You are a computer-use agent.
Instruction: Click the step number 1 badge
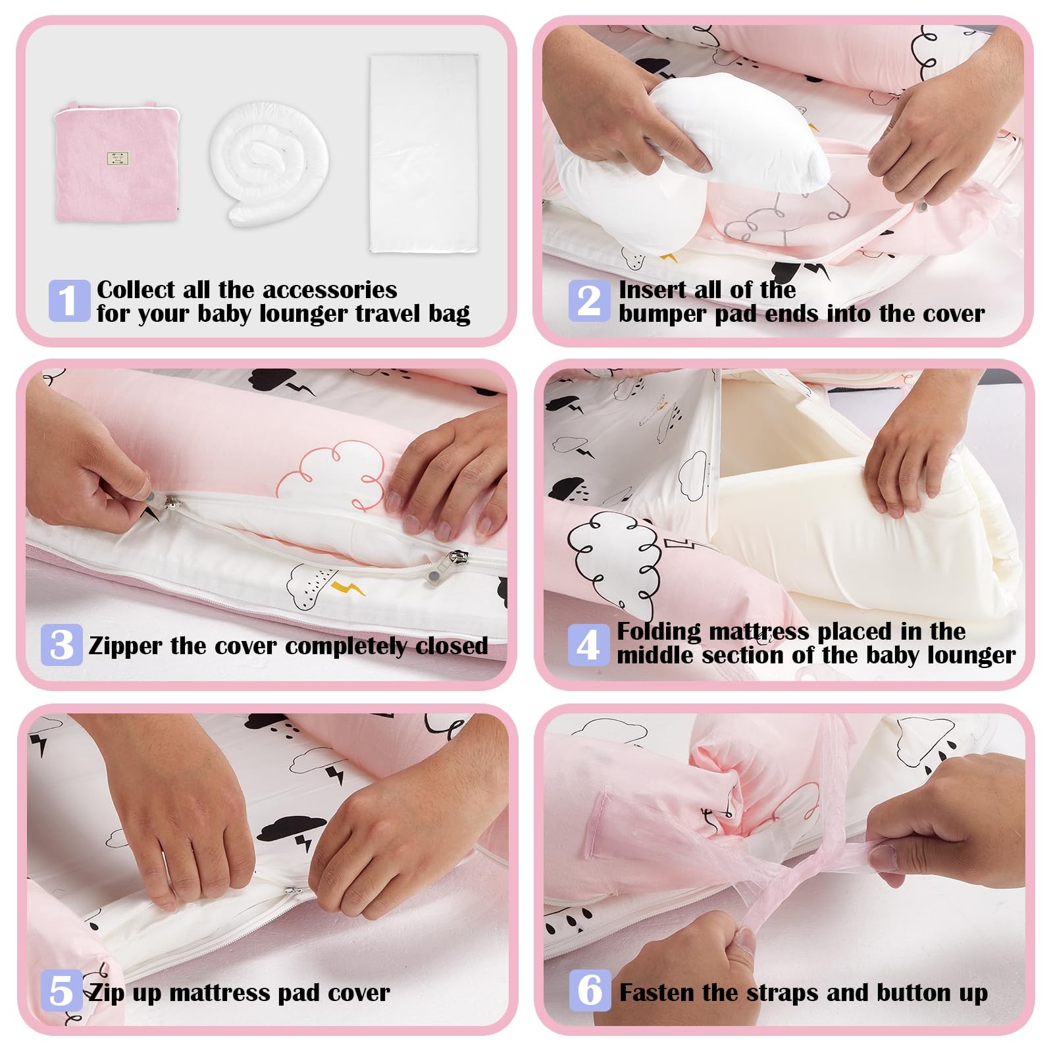point(69,301)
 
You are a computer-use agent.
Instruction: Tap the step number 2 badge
point(590,301)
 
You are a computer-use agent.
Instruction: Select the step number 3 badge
point(61,644)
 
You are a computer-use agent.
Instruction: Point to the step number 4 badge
point(588,644)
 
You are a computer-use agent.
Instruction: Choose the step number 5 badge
point(62,990)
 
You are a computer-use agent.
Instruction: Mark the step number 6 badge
point(590,990)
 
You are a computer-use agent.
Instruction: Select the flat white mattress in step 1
point(424,153)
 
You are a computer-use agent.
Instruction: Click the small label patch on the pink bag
point(117,158)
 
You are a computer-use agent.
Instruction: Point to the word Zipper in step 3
point(126,646)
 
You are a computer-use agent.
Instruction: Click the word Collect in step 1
point(136,290)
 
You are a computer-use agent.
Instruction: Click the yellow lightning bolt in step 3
point(347,587)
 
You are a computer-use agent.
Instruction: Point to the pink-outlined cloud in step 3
point(329,475)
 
